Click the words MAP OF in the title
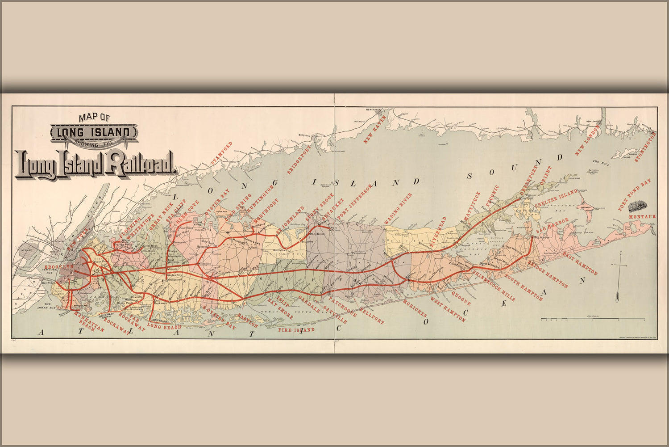tap(94, 118)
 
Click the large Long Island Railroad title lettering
tap(95, 163)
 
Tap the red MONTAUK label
tap(642, 217)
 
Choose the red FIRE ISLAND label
tap(296, 330)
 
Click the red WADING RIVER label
tap(399, 209)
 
